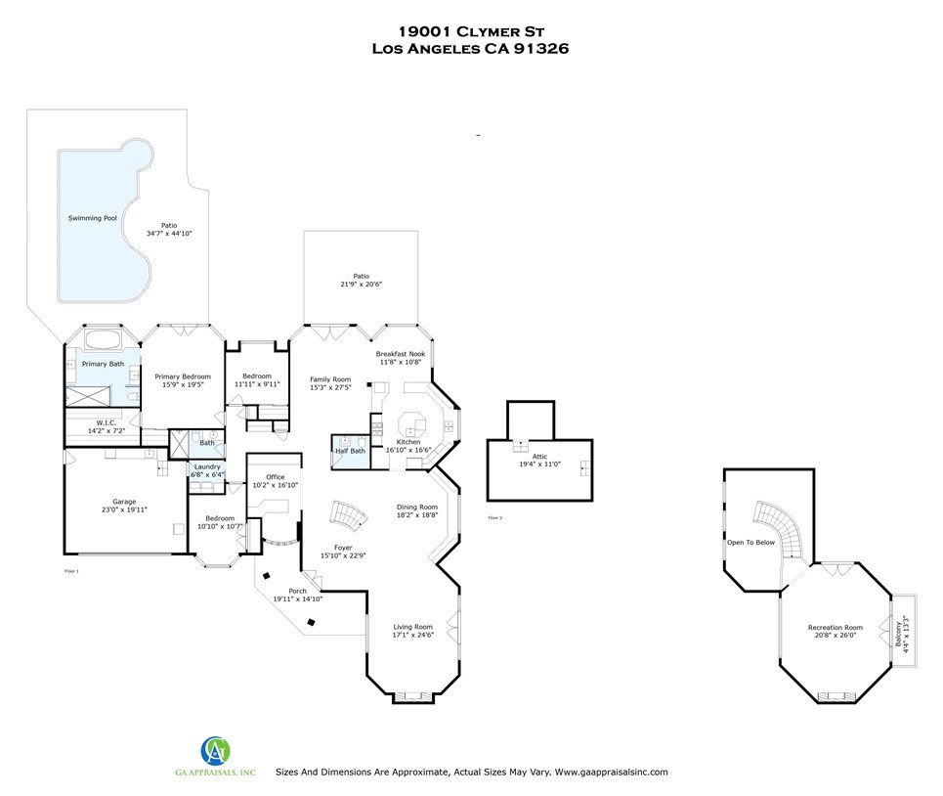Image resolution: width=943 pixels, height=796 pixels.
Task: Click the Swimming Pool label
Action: tap(93, 217)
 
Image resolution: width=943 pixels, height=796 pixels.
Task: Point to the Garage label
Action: tap(123, 501)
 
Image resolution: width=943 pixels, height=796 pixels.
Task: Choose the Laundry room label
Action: tap(207, 466)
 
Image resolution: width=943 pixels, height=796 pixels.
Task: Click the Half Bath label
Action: tap(350, 451)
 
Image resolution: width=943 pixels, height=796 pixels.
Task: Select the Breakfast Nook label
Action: tap(401, 354)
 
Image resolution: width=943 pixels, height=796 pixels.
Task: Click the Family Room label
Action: tap(330, 379)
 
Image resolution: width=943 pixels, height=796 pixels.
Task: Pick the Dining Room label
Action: tap(416, 507)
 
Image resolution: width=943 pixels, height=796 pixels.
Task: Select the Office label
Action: tap(276, 476)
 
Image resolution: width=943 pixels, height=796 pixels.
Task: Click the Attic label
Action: tap(539, 456)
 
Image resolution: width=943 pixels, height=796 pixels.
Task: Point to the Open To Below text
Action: tap(750, 542)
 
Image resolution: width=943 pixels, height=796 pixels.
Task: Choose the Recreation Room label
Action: tap(835, 627)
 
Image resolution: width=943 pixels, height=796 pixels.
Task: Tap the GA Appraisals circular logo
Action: tap(216, 752)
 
